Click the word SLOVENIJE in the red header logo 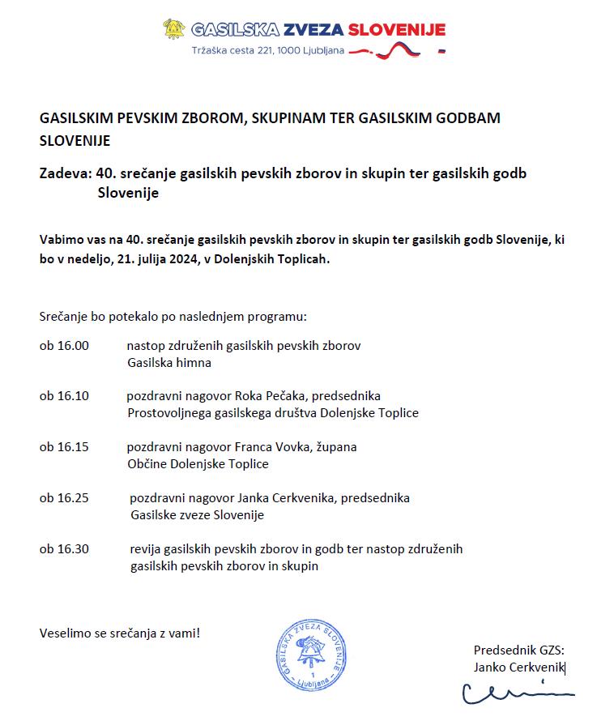pos(396,31)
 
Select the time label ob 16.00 pos(64,346)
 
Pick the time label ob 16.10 pos(64,396)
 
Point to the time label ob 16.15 pos(64,447)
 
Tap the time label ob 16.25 pos(64,497)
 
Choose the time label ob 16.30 pos(64,549)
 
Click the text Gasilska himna pos(169,363)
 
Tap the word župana pos(337,447)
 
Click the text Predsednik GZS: pos(518,650)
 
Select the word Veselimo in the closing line pos(66,632)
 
